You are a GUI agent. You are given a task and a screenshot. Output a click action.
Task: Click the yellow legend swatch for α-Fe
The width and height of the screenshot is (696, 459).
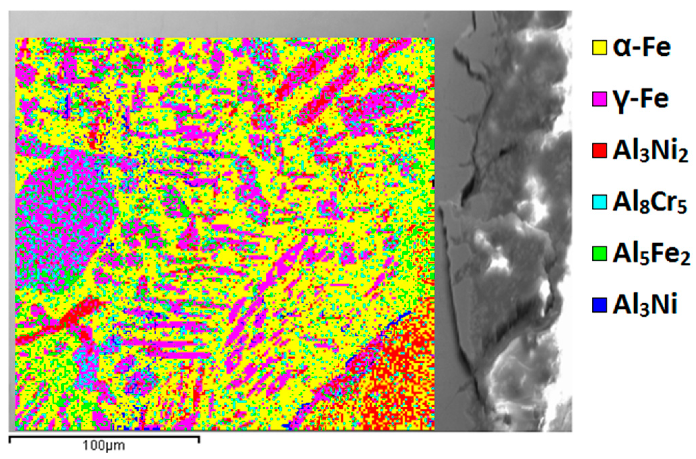tap(599, 48)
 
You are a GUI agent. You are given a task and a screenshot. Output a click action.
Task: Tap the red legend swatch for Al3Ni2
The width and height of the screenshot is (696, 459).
tap(599, 151)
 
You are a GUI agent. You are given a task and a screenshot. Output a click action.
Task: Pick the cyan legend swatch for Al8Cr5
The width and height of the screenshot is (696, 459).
tap(599, 202)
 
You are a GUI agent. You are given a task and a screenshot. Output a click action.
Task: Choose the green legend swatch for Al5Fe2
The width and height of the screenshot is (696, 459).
tap(599, 254)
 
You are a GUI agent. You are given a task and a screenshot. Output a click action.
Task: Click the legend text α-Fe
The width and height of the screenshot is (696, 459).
tap(641, 48)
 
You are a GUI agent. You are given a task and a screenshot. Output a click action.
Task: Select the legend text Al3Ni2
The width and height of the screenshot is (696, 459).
tap(650, 152)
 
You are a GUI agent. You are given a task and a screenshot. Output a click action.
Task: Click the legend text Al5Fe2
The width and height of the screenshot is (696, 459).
tap(651, 254)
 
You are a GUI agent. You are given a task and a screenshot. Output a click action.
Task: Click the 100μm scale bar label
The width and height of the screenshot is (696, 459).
tap(104, 445)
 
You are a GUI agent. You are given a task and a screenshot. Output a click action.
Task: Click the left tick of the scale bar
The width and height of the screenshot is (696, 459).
tap(9, 439)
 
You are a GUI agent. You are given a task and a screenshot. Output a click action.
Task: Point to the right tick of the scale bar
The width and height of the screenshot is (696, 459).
tap(199, 439)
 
